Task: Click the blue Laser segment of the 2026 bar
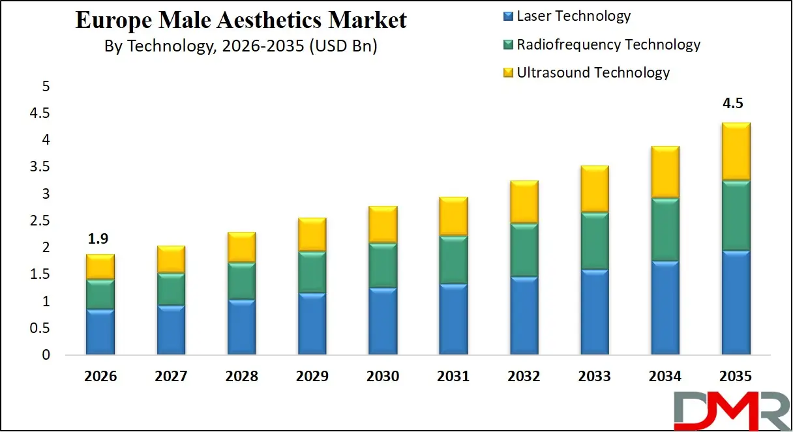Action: point(100,332)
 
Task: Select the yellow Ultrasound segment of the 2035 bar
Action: point(735,151)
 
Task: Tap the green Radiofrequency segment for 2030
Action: point(382,265)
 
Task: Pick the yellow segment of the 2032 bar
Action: point(524,202)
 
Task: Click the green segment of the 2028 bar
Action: point(241,281)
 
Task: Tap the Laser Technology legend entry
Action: point(567,16)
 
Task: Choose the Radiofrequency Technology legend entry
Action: point(602,44)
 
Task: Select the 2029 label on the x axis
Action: point(312,377)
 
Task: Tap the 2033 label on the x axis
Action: point(594,377)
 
